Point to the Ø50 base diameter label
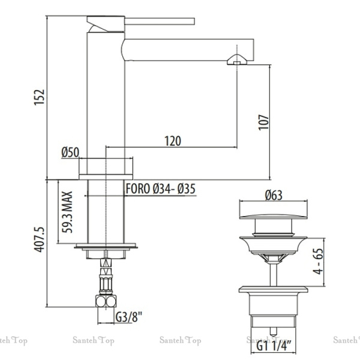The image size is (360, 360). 70,152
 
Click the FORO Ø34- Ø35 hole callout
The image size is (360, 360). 161,188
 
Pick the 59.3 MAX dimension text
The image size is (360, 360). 68,212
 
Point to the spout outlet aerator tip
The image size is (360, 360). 237,60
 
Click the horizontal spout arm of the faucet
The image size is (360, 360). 180,48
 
